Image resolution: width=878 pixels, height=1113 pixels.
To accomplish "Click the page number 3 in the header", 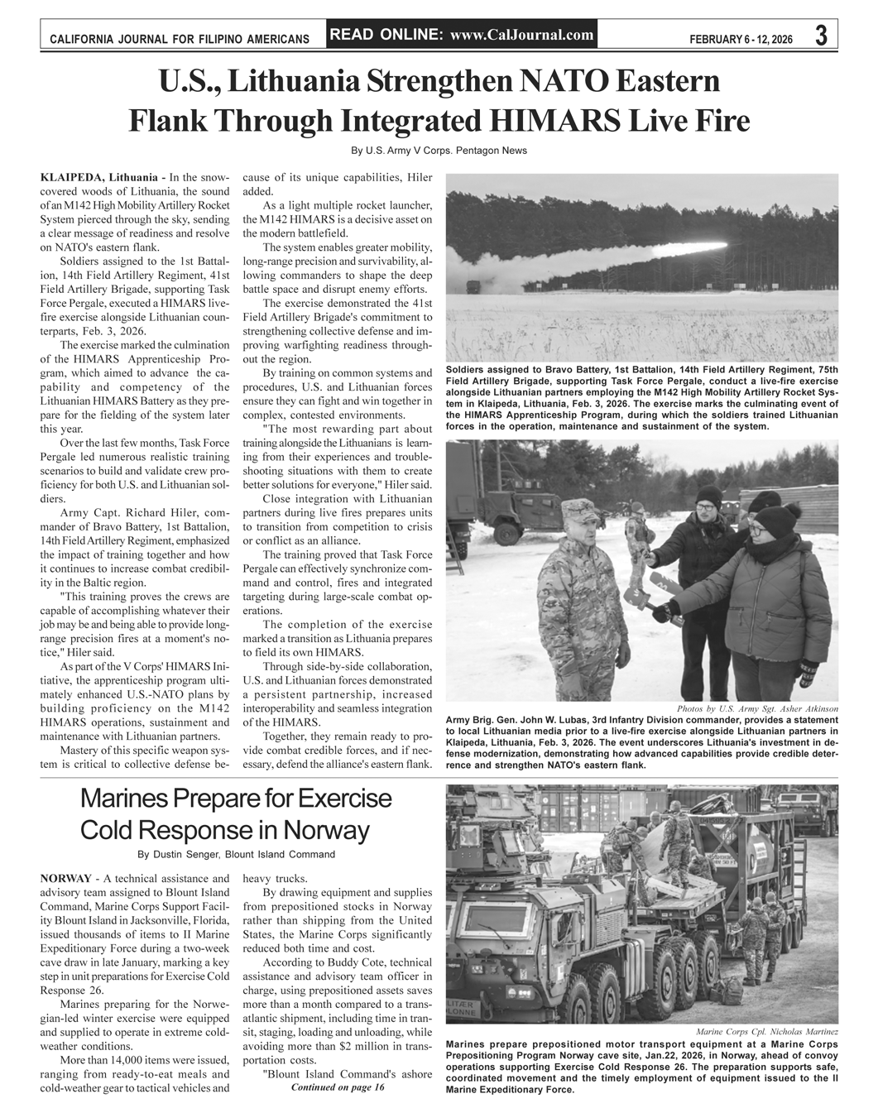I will click(x=820, y=36).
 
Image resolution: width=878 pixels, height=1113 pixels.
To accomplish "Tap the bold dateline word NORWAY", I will click(x=65, y=878).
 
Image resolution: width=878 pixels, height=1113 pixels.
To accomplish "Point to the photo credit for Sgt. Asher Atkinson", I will click(x=757, y=709).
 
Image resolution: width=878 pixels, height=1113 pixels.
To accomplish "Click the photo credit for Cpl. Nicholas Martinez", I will click(x=767, y=1032).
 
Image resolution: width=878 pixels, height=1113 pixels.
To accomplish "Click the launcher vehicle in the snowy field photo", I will click(x=473, y=287).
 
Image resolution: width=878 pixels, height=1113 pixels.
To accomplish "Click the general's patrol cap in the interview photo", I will click(x=578, y=509).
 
